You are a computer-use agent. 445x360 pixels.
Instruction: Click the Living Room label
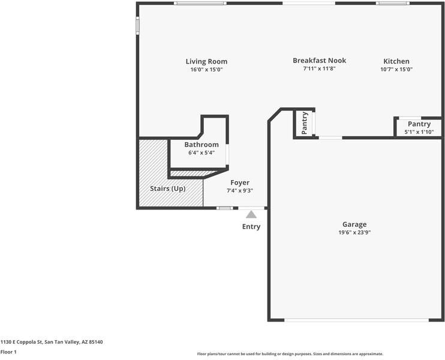206,61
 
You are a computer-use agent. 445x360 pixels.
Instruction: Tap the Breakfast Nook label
319,61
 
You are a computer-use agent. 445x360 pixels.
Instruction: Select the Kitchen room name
396,61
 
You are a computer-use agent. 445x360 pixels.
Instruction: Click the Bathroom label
201,145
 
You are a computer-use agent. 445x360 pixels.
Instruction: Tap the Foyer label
240,182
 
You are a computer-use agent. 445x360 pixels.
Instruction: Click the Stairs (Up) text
167,188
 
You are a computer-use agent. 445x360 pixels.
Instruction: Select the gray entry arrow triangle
251,214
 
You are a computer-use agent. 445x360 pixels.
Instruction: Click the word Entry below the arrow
251,227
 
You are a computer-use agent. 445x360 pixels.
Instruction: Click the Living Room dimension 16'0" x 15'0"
206,70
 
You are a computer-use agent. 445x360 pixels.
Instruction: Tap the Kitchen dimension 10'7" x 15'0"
396,70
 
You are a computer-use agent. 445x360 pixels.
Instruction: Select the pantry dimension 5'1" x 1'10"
419,132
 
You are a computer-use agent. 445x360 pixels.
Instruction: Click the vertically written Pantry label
305,123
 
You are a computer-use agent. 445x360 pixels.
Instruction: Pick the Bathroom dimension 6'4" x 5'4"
201,153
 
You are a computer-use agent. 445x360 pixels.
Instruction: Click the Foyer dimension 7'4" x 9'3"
240,191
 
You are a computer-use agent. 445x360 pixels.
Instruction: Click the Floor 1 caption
8,352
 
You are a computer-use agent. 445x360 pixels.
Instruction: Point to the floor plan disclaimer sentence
290,354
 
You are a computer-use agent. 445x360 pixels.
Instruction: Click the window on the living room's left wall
137,25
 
